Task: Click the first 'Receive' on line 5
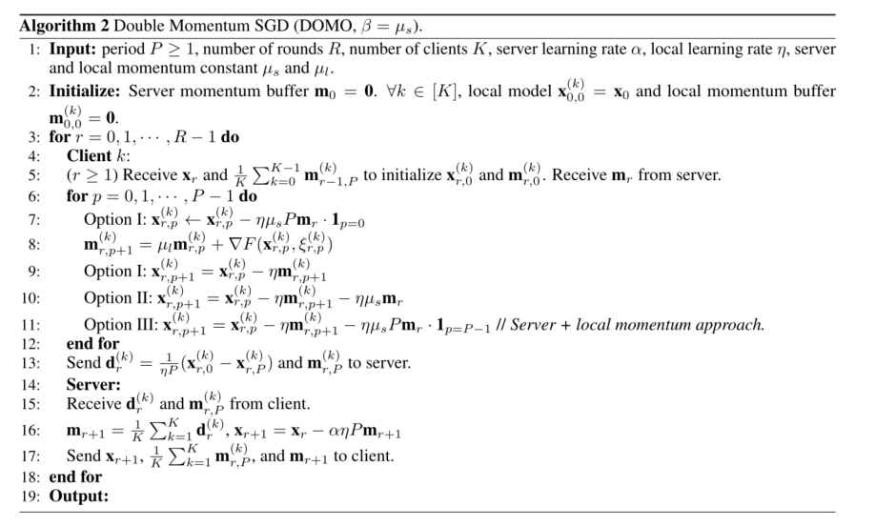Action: tap(149, 174)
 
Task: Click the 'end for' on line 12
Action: tap(92, 343)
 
